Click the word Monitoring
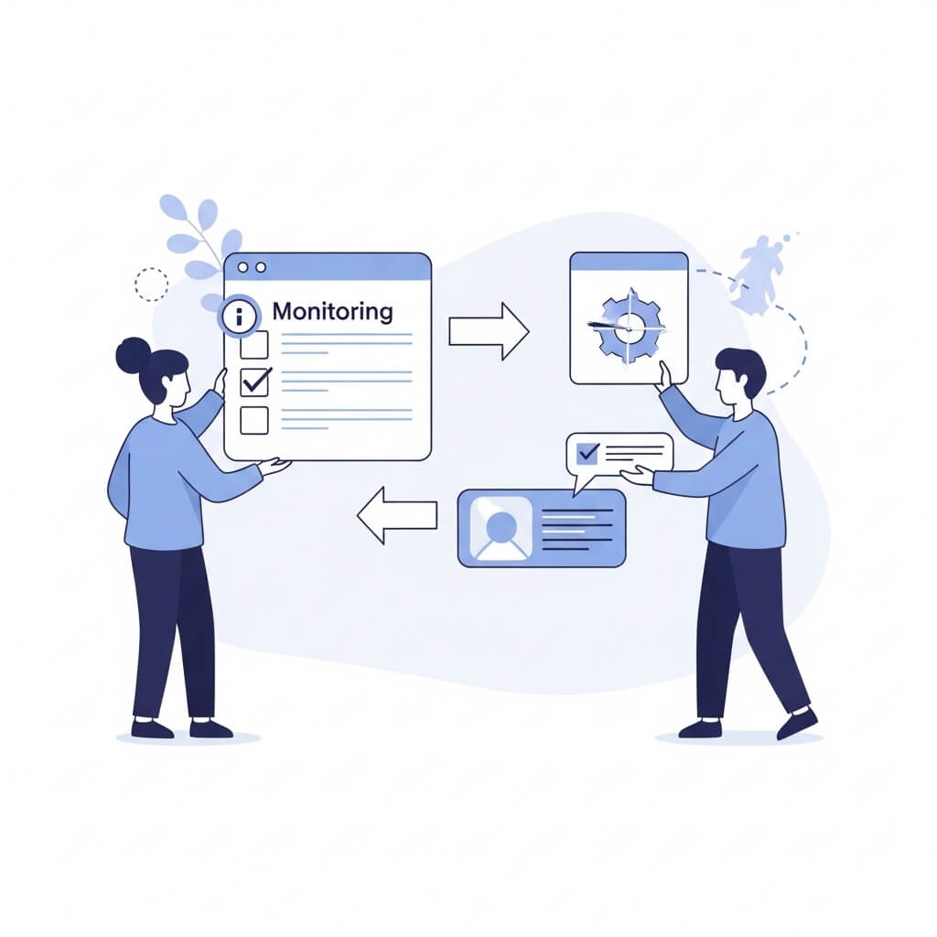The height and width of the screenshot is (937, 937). [332, 312]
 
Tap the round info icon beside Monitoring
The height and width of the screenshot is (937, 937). [240, 315]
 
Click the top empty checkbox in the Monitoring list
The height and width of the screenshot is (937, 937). [254, 345]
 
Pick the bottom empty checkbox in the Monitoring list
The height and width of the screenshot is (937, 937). [254, 420]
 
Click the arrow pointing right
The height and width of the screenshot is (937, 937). [489, 331]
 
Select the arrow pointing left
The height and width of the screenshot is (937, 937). [397, 515]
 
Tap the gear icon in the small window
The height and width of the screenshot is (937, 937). [630, 327]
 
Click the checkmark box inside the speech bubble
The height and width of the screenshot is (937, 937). [588, 454]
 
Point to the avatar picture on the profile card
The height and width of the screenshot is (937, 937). [501, 528]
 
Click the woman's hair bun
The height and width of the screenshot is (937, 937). [132, 355]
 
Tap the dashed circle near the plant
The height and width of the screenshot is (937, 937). [151, 285]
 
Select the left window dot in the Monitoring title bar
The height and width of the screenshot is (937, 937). [242, 267]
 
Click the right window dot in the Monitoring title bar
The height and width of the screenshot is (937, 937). [261, 267]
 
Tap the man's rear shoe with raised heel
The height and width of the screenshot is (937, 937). [797, 723]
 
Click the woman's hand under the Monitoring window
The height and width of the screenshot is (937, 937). [276, 466]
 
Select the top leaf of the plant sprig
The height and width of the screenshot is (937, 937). [171, 206]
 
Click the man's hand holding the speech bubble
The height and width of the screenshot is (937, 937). [638, 476]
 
